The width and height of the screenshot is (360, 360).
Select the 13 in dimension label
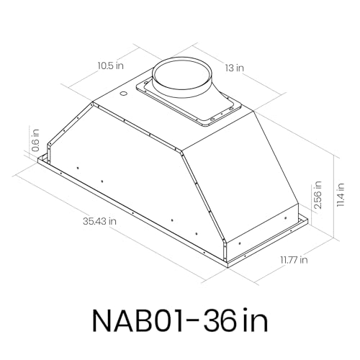(x=233, y=68)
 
